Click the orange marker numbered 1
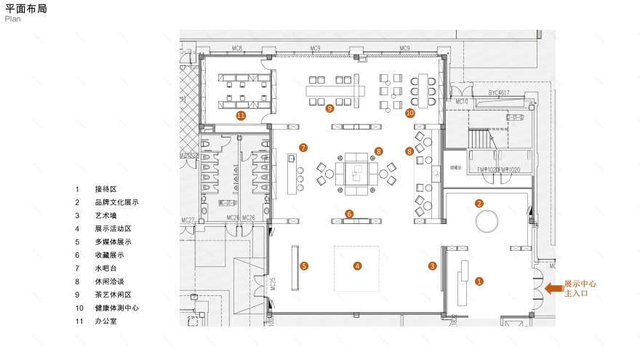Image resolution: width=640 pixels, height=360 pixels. click(x=479, y=280)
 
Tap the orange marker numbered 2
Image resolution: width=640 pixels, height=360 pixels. click(x=479, y=203)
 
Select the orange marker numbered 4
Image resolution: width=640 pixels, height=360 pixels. click(x=357, y=266)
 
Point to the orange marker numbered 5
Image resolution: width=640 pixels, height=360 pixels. click(x=304, y=266)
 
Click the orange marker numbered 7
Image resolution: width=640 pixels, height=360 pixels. click(x=303, y=148)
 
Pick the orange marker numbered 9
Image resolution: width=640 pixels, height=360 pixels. click(x=329, y=108)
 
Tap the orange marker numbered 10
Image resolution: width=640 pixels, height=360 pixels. click(x=410, y=113)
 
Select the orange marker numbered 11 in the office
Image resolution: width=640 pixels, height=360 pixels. click(x=241, y=115)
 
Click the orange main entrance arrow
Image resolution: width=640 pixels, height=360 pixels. click(x=553, y=289)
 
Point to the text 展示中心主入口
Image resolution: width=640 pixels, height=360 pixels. click(x=580, y=288)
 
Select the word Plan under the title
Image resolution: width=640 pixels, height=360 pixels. click(x=12, y=20)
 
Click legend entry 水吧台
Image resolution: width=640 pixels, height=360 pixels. click(x=106, y=268)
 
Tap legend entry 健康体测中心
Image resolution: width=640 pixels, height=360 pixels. click(x=116, y=308)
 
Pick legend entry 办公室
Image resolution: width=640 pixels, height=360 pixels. click(x=106, y=321)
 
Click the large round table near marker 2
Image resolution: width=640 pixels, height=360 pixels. click(x=487, y=220)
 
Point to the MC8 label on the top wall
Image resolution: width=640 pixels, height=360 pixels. click(x=237, y=49)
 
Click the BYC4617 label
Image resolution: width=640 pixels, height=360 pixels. click(x=499, y=93)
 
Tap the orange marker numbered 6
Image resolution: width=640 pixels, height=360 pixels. click(x=350, y=214)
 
